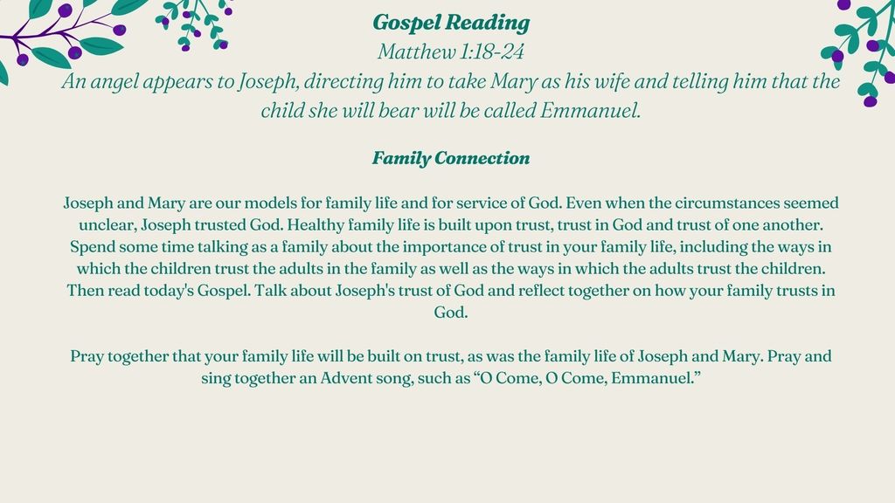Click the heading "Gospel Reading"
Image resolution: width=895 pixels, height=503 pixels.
(x=451, y=23)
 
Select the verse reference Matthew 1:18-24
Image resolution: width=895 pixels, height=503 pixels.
(x=450, y=52)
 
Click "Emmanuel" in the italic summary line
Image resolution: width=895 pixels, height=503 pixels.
(x=590, y=110)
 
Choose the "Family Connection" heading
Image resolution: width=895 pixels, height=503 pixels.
(x=451, y=158)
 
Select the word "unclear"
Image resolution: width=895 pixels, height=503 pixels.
(x=108, y=225)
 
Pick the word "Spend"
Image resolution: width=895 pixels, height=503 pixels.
(x=88, y=247)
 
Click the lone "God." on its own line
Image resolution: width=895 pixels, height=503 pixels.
(x=451, y=312)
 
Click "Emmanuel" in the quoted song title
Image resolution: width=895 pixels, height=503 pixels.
(x=651, y=378)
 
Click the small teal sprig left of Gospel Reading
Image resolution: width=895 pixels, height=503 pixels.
(x=193, y=24)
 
